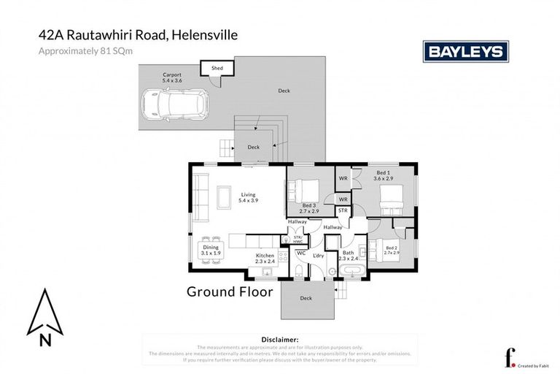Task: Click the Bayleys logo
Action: pyautogui.click(x=465, y=51)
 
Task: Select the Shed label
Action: pyautogui.click(x=217, y=68)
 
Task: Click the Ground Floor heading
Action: pyautogui.click(x=230, y=292)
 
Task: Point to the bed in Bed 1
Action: pyautogui.click(x=392, y=196)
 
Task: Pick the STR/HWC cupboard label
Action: pyautogui.click(x=297, y=238)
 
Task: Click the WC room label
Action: pyautogui.click(x=300, y=253)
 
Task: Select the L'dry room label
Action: pyautogui.click(x=319, y=255)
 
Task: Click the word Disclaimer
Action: pyautogui.click(x=279, y=340)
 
